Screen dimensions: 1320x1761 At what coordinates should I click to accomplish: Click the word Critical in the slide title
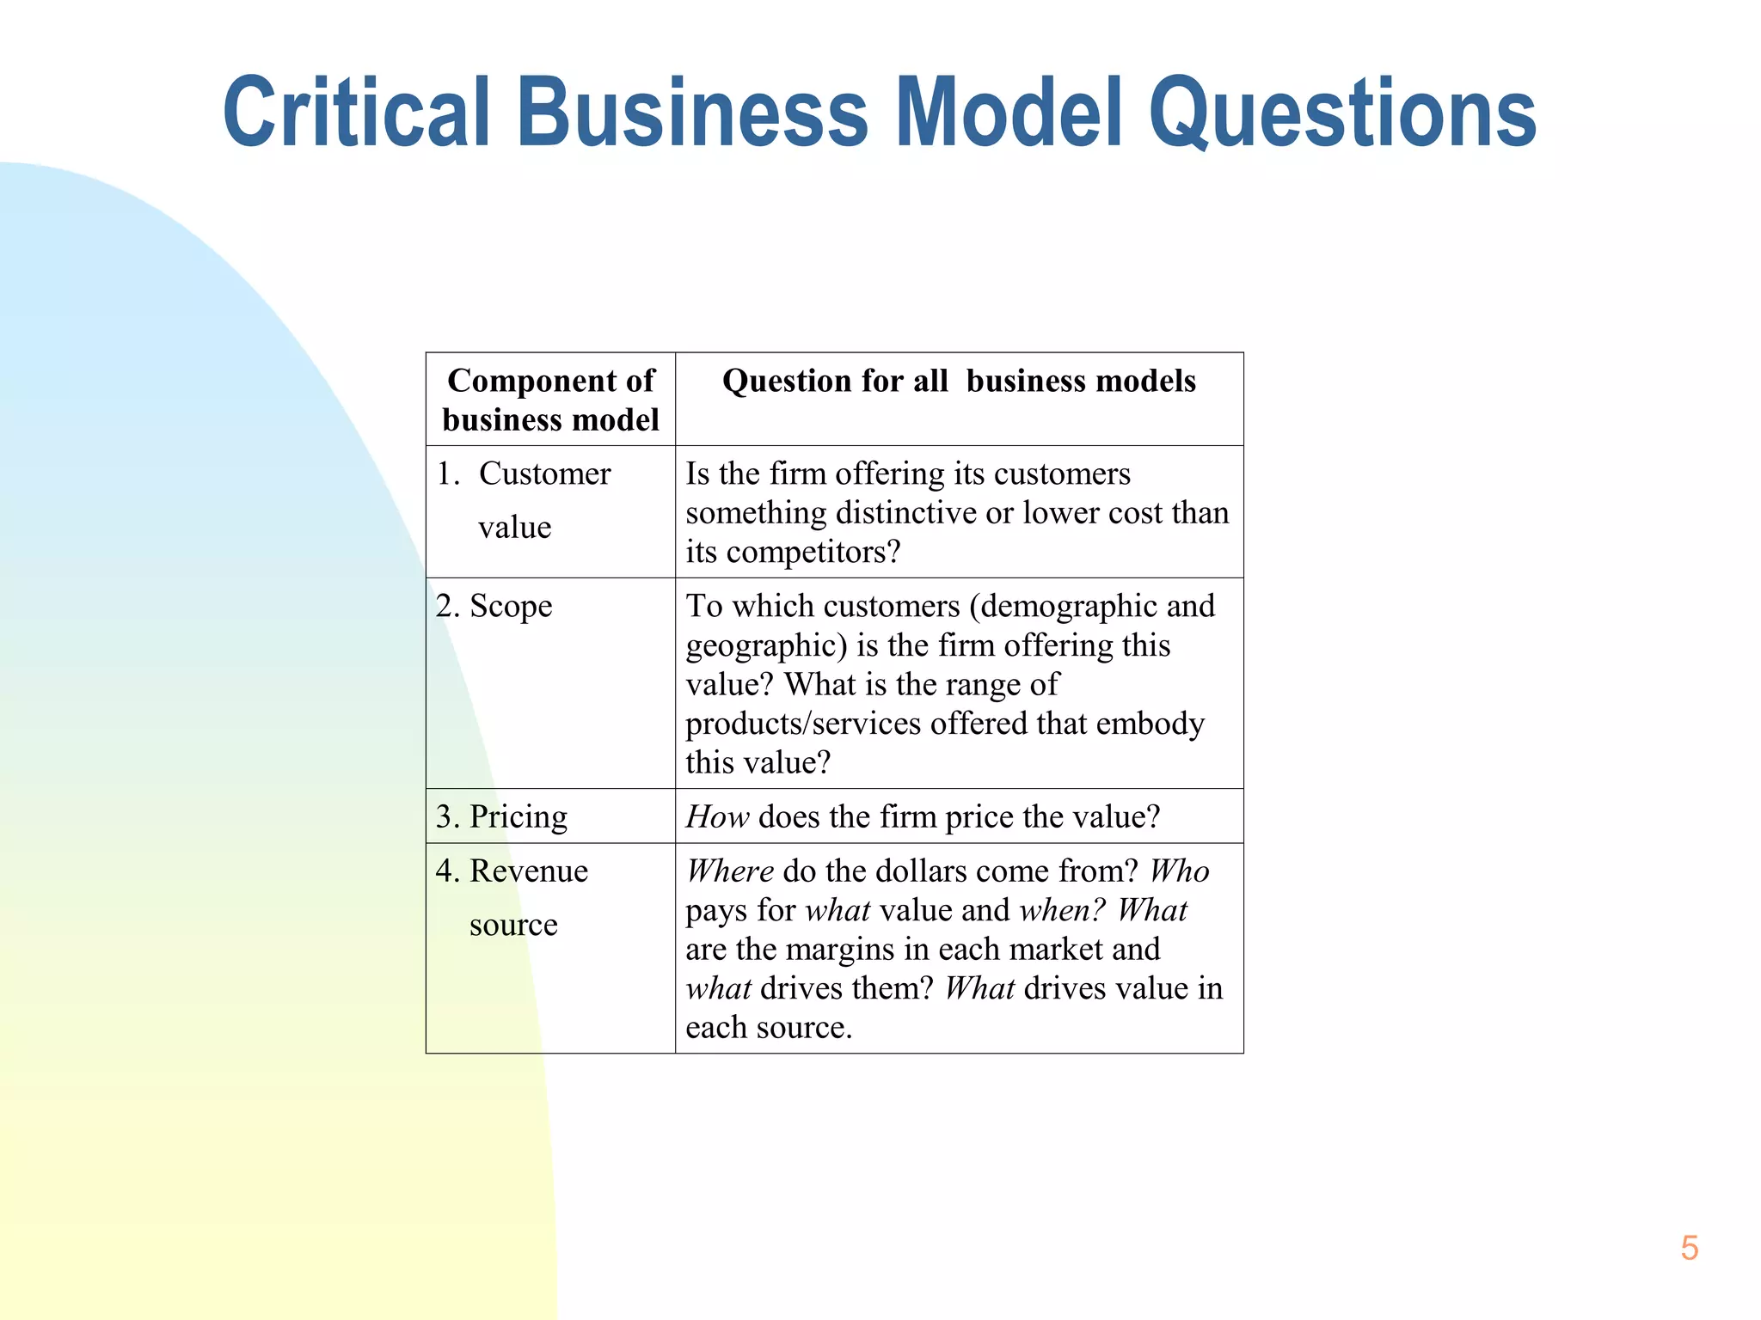tap(356, 113)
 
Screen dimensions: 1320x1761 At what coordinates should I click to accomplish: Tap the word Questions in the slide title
tap(1342, 113)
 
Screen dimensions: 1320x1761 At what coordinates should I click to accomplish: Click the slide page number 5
tap(1689, 1248)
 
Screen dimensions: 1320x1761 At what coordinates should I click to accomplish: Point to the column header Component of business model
tap(550, 400)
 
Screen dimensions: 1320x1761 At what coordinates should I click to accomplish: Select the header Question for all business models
tap(959, 381)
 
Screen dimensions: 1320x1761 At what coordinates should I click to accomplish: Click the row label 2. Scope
tap(494, 607)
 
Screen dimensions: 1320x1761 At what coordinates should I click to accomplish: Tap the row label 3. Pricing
tap(501, 816)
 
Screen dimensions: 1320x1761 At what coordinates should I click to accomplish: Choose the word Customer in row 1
tap(544, 474)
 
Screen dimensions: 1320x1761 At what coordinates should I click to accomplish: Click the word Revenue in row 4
tap(529, 871)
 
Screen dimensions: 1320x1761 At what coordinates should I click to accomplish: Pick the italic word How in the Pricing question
tap(717, 816)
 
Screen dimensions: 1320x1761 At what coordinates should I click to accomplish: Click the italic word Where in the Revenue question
tap(729, 871)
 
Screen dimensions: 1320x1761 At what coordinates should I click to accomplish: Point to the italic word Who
tap(1179, 871)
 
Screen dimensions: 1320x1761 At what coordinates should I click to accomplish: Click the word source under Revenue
tap(513, 925)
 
